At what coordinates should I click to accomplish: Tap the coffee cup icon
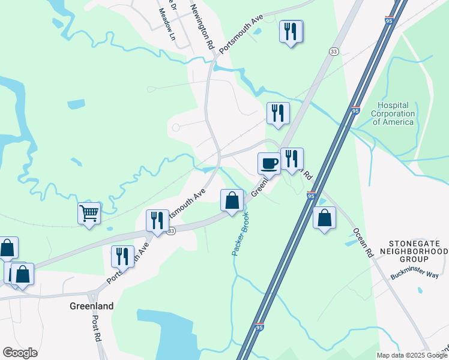click(269, 163)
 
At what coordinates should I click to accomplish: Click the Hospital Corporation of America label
click(393, 113)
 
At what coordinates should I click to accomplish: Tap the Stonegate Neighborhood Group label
click(413, 251)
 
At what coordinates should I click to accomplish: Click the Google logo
click(20, 353)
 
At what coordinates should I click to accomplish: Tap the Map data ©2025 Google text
click(412, 355)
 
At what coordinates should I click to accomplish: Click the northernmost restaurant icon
click(291, 32)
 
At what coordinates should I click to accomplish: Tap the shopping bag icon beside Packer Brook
click(232, 200)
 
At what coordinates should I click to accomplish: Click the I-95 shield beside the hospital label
click(356, 111)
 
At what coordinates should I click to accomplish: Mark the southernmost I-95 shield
click(259, 327)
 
